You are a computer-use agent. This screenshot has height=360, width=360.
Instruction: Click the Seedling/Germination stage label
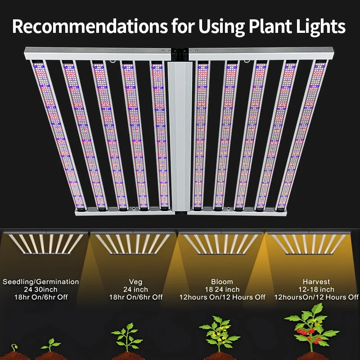41,282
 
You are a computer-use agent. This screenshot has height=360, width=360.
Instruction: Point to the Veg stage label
135,282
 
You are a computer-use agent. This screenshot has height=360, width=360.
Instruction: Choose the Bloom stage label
222,282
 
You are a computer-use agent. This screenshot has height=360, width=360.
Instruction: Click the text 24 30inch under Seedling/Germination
41,290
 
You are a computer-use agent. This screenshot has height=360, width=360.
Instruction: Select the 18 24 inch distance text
222,290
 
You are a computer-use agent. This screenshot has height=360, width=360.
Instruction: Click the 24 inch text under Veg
135,290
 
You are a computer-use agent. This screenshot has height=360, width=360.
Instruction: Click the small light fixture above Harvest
310,243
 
